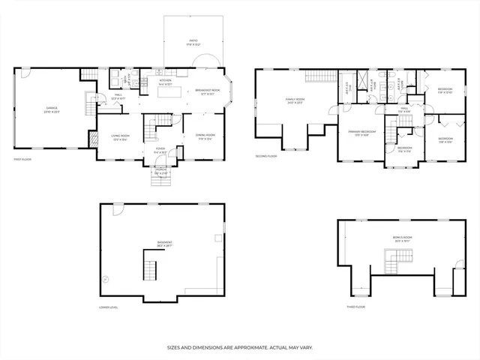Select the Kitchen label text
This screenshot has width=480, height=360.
click(164, 82)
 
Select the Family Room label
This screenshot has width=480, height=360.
click(294, 100)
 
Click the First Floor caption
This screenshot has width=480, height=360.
click(22, 160)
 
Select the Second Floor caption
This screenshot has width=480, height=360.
click(265, 156)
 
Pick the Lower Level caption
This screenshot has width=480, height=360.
click(109, 307)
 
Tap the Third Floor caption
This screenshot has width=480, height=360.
click(355, 307)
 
